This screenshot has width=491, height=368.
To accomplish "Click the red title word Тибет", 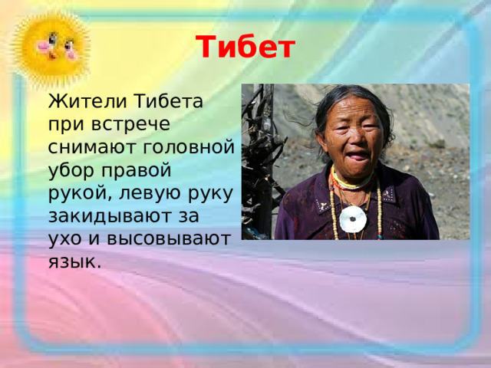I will [x=245, y=48].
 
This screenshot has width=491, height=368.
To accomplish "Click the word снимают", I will [x=87, y=146].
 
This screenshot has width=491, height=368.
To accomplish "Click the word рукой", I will [x=81, y=192].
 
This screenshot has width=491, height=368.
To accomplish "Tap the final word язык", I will [x=73, y=261].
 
